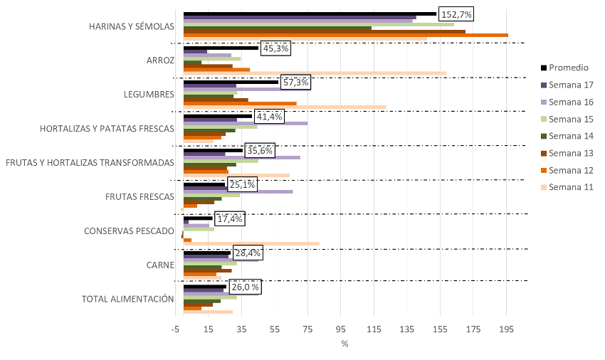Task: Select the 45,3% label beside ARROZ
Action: pos(275,48)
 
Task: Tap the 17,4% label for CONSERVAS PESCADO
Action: pos(229,219)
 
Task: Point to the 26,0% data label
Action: pos(245,287)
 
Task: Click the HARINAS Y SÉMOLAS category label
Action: pos(132,26)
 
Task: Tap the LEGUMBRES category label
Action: pos(149,94)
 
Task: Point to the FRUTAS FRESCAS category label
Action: pos(140,196)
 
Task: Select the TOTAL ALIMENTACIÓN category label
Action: pos(128,299)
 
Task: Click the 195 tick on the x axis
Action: pos(506,329)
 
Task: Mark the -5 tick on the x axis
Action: pos(175,329)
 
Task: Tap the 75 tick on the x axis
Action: pos(307,329)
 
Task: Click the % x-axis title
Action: pos(344,344)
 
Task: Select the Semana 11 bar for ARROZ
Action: pos(315,73)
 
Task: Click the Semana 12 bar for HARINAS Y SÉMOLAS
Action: pos(346,34)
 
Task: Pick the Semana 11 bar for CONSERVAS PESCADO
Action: pos(251,244)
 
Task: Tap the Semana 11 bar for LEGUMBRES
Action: pos(285,107)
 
